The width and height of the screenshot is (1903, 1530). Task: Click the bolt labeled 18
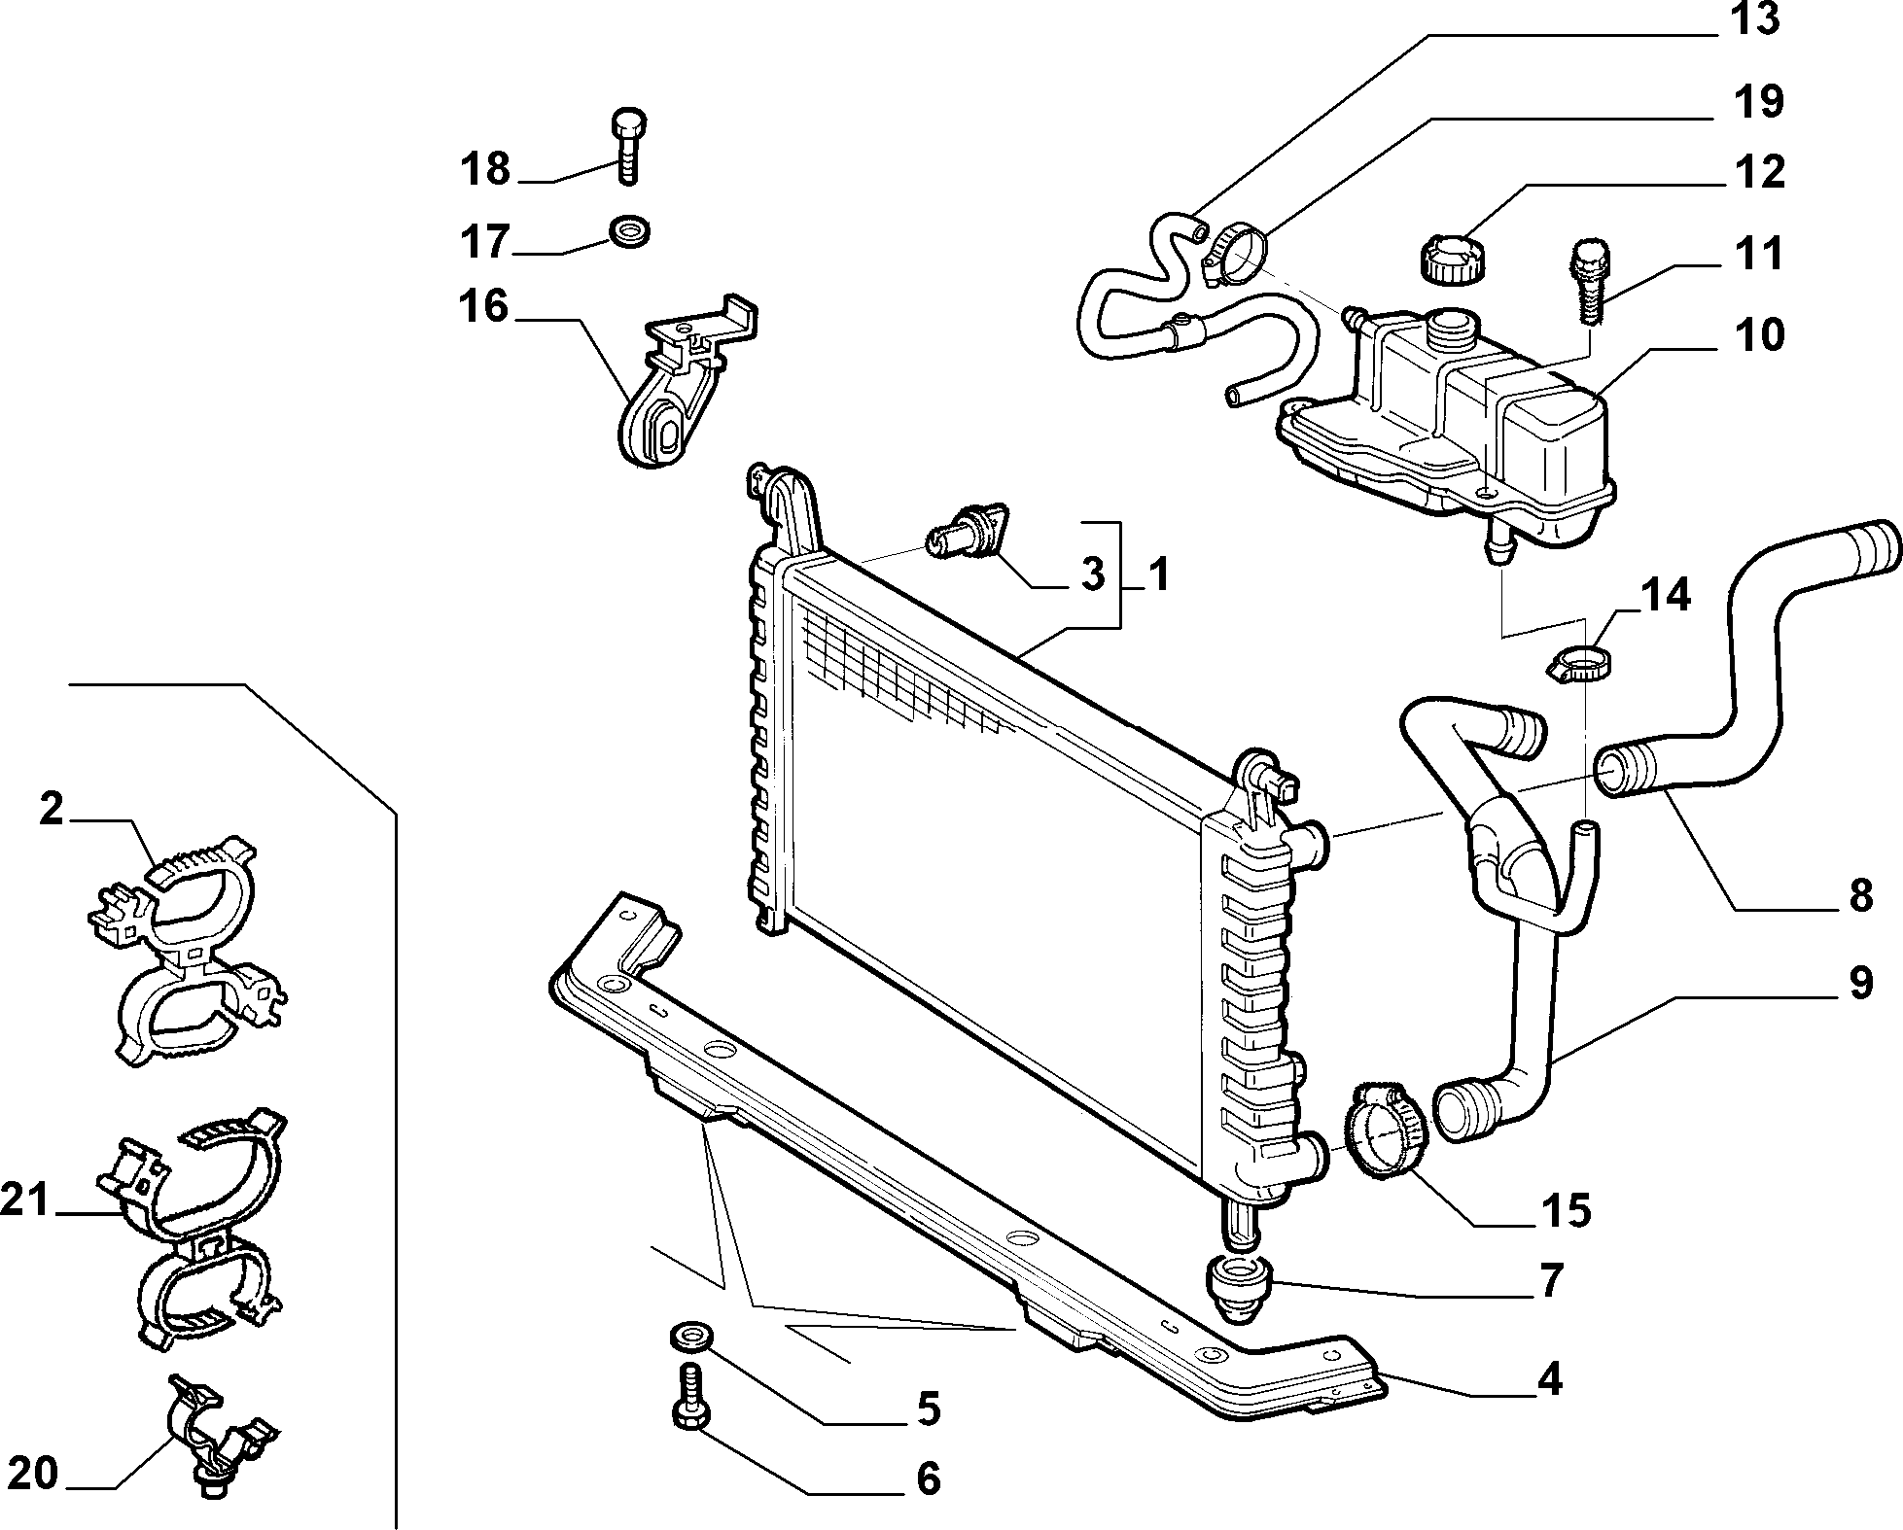(x=627, y=146)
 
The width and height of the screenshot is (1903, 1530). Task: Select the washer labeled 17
(x=628, y=231)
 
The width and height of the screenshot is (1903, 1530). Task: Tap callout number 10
(x=1759, y=334)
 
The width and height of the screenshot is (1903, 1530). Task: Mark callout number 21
(x=25, y=1201)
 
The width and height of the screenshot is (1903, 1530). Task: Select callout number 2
(x=52, y=809)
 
